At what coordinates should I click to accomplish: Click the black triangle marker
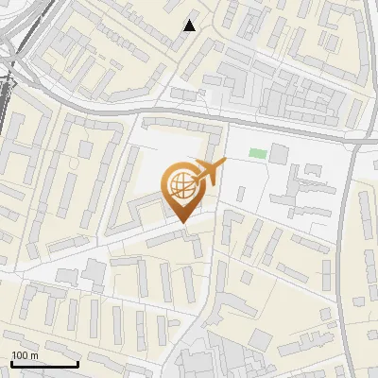click(190, 26)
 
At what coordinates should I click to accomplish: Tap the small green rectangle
click(257, 153)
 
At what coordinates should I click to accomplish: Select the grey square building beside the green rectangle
click(280, 153)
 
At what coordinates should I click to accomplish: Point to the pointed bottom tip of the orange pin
click(182, 222)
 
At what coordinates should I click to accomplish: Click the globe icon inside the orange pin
click(182, 185)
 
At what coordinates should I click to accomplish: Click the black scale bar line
click(43, 364)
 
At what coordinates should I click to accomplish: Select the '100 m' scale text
click(25, 355)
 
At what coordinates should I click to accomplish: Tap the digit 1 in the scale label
click(14, 355)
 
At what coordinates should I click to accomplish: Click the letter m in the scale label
click(34, 355)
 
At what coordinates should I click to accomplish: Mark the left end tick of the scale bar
click(10, 362)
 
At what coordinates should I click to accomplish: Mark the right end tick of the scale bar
click(77, 362)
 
